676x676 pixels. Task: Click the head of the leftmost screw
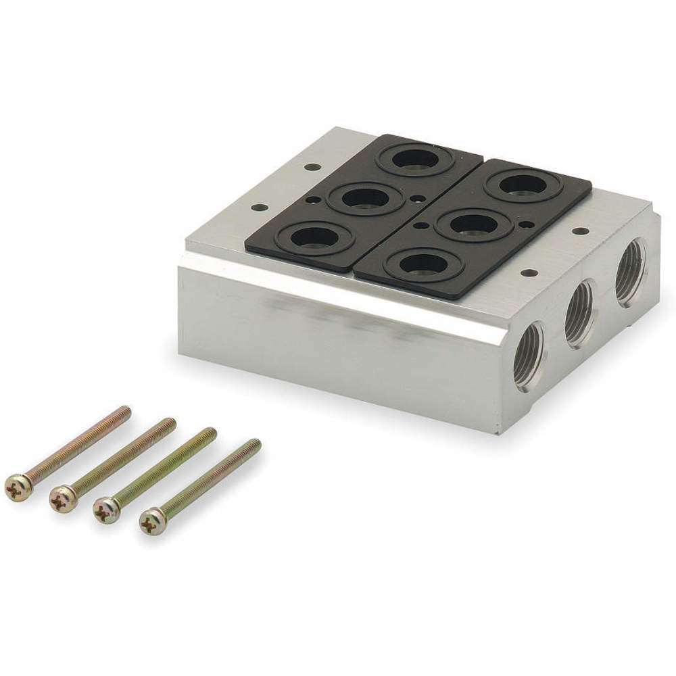click(x=18, y=487)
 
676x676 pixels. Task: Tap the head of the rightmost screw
click(x=152, y=521)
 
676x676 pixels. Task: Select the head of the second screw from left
click(x=63, y=499)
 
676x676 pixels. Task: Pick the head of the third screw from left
click(x=107, y=509)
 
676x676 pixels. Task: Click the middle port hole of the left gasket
click(x=366, y=197)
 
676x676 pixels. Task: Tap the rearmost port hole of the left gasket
click(x=415, y=159)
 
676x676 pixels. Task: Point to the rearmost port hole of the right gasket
click(x=522, y=184)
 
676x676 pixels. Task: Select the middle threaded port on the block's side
click(x=579, y=313)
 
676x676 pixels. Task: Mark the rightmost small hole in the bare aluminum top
click(x=579, y=231)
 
